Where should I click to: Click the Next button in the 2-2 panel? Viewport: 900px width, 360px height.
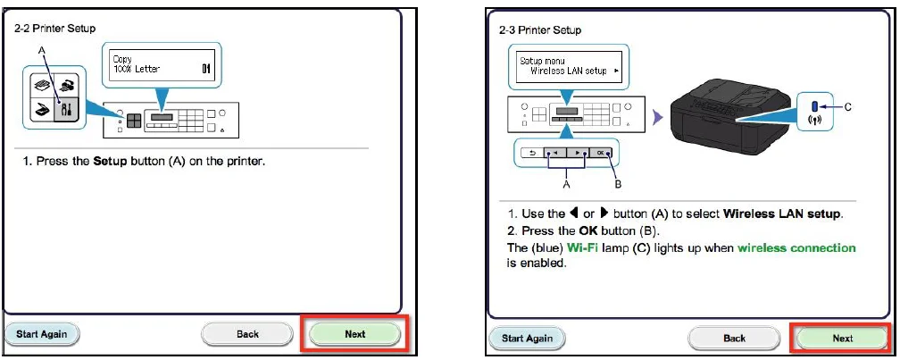click(354, 334)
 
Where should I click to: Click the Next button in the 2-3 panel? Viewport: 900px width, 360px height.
click(842, 339)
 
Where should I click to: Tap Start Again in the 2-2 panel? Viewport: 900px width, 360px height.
click(47, 334)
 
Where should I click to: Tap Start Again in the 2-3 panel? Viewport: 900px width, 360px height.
click(526, 339)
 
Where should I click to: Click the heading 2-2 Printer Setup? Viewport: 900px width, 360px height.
click(55, 28)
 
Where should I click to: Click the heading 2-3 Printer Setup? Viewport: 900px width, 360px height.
click(539, 29)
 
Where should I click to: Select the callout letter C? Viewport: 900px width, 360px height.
click(847, 106)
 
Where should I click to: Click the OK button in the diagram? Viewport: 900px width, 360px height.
click(601, 154)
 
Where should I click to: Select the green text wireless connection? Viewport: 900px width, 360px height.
click(796, 248)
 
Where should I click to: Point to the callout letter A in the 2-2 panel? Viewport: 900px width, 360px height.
click(39, 51)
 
